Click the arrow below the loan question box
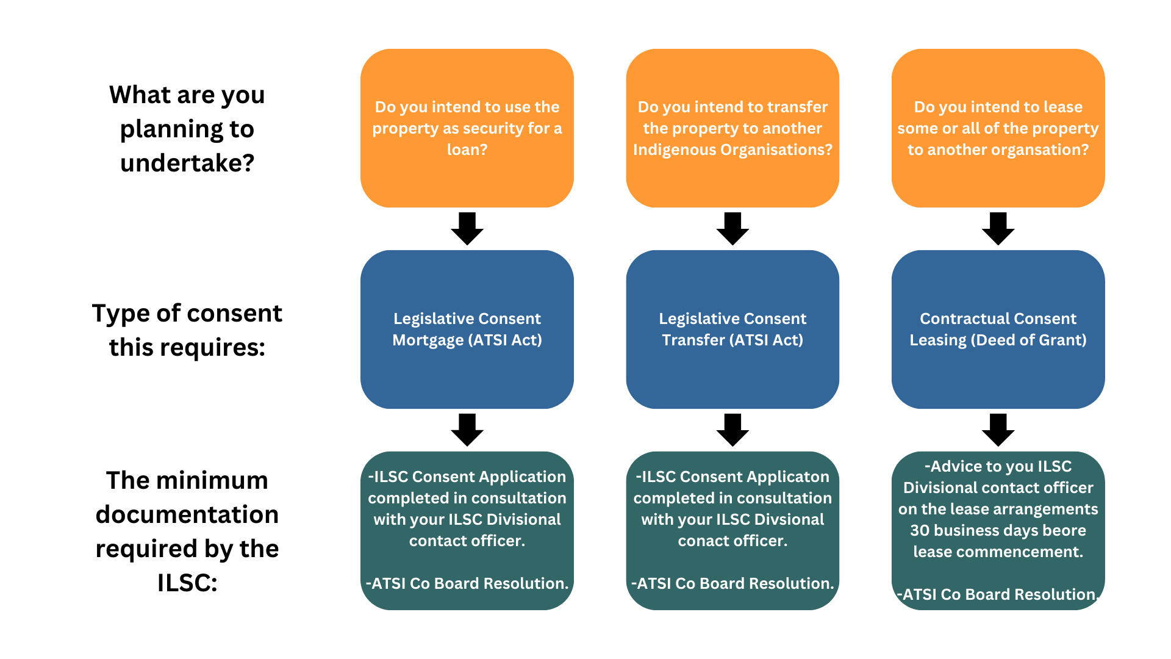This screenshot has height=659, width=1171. tap(467, 229)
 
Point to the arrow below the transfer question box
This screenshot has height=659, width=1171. tap(732, 229)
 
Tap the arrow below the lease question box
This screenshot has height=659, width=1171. tap(998, 229)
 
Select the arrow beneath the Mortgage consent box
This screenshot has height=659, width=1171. tap(467, 430)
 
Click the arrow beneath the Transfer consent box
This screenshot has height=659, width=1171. tap(732, 430)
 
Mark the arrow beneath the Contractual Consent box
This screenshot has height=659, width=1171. tap(998, 430)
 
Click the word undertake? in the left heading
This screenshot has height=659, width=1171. tap(187, 163)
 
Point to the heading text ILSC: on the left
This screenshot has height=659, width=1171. tap(187, 583)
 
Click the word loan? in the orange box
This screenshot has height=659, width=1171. tap(467, 149)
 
